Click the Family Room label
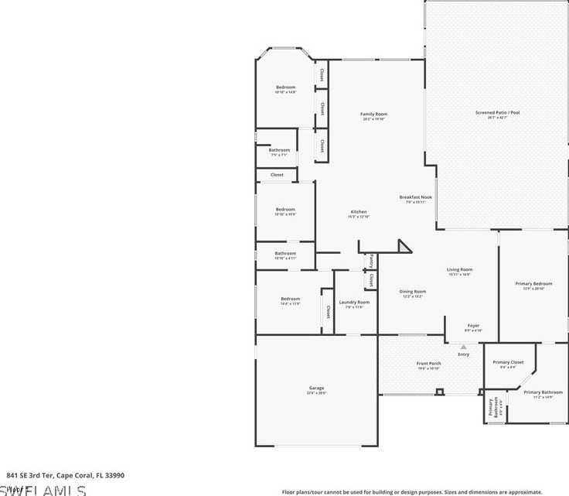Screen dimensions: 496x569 pyautogui.click(x=373, y=115)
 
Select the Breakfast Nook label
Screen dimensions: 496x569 pyautogui.click(x=415, y=197)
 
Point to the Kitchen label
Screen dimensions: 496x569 pyautogui.click(x=358, y=212)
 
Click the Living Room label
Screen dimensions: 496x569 pyautogui.click(x=459, y=270)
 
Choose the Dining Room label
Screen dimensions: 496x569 pyautogui.click(x=412, y=292)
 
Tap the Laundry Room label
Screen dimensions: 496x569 pyautogui.click(x=354, y=302)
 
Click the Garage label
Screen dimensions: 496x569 pyautogui.click(x=316, y=388)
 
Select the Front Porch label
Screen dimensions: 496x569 pyautogui.click(x=428, y=364)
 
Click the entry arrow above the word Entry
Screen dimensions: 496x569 pyautogui.click(x=463, y=347)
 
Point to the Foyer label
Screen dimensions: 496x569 pyautogui.click(x=473, y=326)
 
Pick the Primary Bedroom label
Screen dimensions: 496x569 pyautogui.click(x=533, y=284)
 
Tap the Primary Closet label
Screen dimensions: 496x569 pyautogui.click(x=508, y=362)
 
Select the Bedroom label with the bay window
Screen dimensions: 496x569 pyautogui.click(x=285, y=87)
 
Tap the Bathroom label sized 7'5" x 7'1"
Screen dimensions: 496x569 pyautogui.click(x=279, y=150)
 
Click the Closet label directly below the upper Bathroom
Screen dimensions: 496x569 pyautogui.click(x=277, y=175)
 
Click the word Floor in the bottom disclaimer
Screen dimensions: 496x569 pyautogui.click(x=289, y=491)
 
